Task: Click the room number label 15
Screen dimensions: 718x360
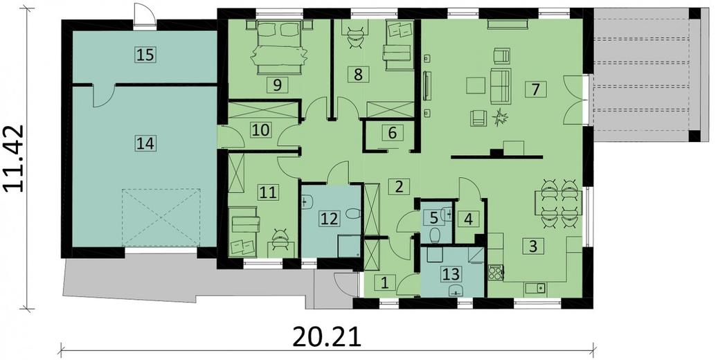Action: tap(145, 55)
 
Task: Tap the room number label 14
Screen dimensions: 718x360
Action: tap(145, 144)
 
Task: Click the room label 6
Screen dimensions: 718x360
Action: tap(393, 134)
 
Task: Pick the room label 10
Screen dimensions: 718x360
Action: tap(260, 129)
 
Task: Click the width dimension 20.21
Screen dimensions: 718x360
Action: tap(327, 338)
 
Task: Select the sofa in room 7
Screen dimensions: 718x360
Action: tap(501, 86)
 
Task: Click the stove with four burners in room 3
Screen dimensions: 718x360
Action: tap(496, 273)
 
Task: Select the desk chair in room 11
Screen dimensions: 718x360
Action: tap(278, 237)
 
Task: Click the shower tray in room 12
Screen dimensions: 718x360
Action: tap(349, 246)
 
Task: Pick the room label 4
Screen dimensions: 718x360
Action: tap(468, 219)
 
